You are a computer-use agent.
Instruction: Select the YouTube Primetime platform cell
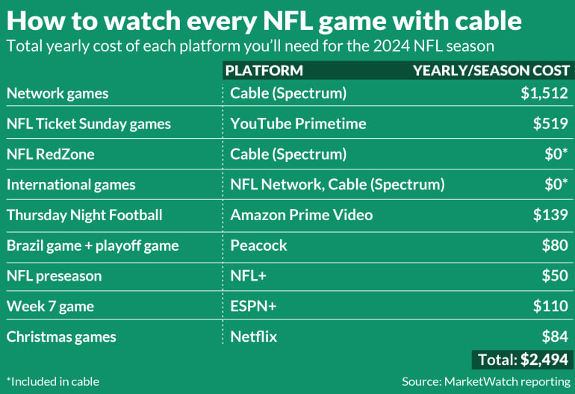click(298, 124)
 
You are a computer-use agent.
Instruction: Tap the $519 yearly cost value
click(550, 124)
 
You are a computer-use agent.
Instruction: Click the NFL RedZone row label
click(51, 154)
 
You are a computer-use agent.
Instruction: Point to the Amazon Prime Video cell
click(302, 215)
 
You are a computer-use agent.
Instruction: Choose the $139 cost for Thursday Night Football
click(550, 215)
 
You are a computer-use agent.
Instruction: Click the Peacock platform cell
click(258, 246)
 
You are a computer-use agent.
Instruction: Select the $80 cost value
click(554, 246)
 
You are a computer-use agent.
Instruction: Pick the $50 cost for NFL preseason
click(554, 276)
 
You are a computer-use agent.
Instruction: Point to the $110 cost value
click(550, 306)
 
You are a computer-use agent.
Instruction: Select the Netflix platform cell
click(254, 337)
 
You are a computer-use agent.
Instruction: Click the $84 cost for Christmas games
click(554, 337)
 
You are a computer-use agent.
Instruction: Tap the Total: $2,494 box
click(522, 360)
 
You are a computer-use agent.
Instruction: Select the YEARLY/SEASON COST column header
click(491, 71)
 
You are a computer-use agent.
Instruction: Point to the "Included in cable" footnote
click(52, 381)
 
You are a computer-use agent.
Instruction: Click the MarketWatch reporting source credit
click(485, 381)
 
